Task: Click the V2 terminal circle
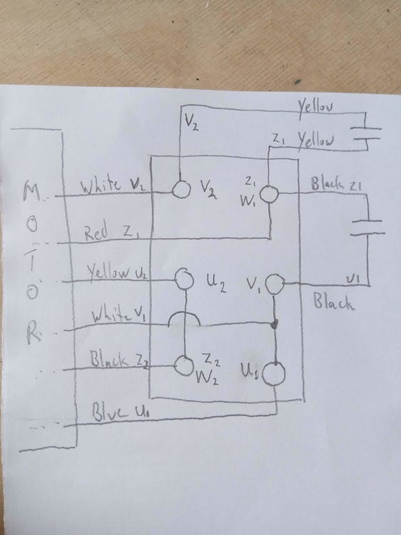pos(181,190)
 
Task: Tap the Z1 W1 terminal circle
pos(269,194)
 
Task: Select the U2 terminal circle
pos(185,279)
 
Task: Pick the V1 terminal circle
pos(274,285)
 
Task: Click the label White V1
pos(118,315)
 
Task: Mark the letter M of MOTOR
pos(33,191)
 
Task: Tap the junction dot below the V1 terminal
pos(275,325)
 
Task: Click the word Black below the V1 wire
pos(334,304)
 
